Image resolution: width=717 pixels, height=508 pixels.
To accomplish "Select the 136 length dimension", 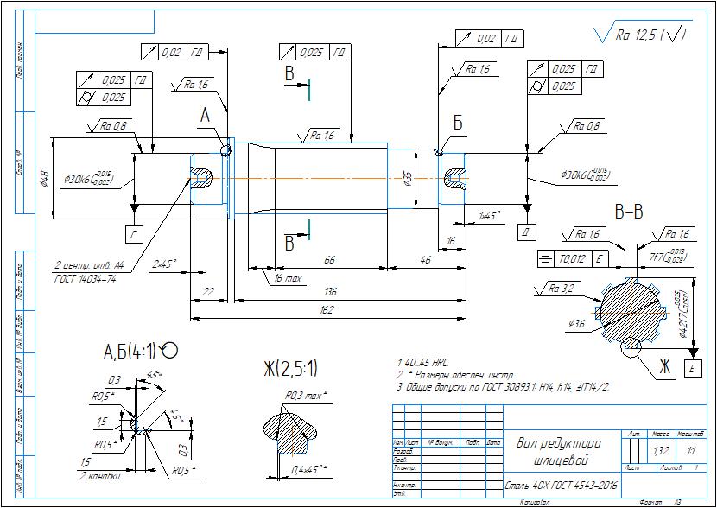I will point(330,292).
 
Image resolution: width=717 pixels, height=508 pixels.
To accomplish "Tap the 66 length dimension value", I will point(329,259).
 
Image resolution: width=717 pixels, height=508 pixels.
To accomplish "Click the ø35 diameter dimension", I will point(407,179).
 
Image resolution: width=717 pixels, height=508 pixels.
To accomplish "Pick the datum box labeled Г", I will point(134,233).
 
